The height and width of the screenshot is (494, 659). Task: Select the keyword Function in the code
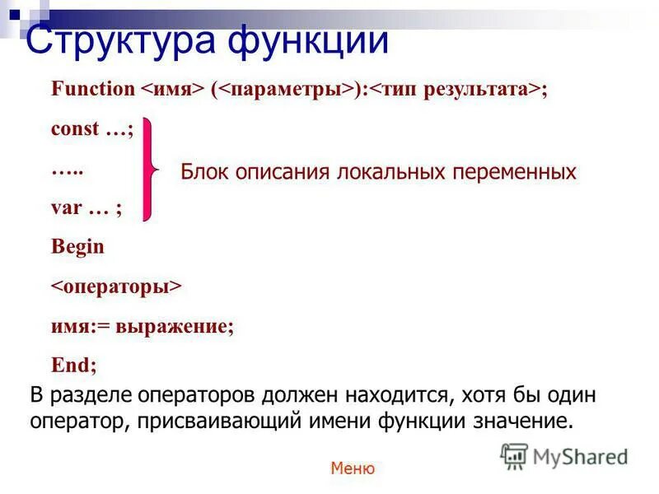[x=91, y=90]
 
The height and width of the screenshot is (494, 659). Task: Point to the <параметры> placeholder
[x=285, y=90]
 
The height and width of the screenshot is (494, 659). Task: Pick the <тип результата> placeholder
[x=452, y=90]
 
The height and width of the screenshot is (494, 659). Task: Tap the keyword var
[x=67, y=207]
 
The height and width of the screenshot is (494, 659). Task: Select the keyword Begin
[x=77, y=246]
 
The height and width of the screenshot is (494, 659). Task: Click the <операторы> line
[x=116, y=286]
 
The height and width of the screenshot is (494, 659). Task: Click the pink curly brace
[x=150, y=169]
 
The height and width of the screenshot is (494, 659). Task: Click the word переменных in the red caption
[x=515, y=172]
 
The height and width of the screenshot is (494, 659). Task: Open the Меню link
[x=353, y=468]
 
